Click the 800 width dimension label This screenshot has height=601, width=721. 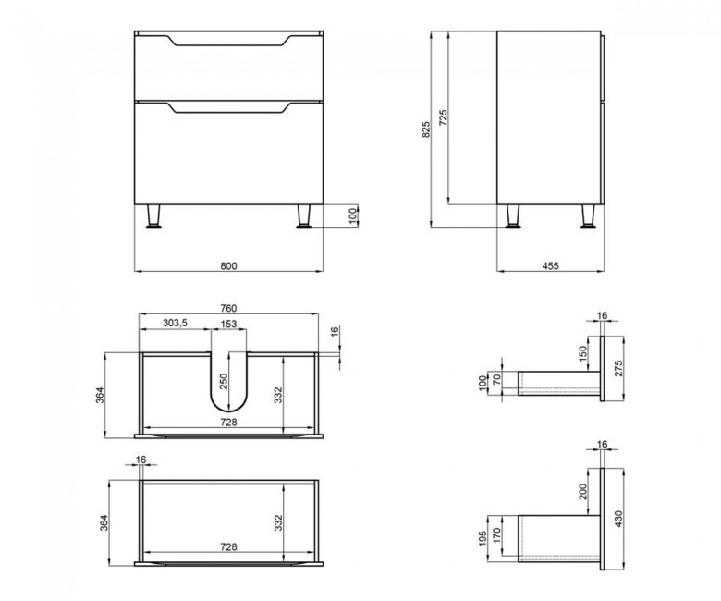tap(228, 265)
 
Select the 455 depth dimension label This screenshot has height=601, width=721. tap(550, 265)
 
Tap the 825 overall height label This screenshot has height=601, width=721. tap(426, 129)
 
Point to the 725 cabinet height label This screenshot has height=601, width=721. tap(443, 117)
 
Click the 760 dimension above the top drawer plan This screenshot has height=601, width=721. tap(228, 308)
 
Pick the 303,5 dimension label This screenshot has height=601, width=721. tap(176, 323)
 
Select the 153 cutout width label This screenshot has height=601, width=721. tap(228, 324)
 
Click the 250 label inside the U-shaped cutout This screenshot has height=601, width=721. tap(224, 381)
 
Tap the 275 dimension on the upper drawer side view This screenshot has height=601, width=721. tap(618, 369)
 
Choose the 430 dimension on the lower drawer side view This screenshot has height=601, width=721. tap(618, 519)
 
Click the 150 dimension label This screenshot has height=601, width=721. tap(583, 353)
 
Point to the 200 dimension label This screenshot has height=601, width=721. tap(583, 492)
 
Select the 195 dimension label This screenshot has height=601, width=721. tap(483, 538)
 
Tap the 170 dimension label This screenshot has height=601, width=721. tap(495, 535)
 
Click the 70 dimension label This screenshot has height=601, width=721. tap(495, 380)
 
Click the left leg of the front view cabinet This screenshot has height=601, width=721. tap(153, 216)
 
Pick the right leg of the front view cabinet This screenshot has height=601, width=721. tap(303, 216)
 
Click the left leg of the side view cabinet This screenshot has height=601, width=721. tap(513, 216)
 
